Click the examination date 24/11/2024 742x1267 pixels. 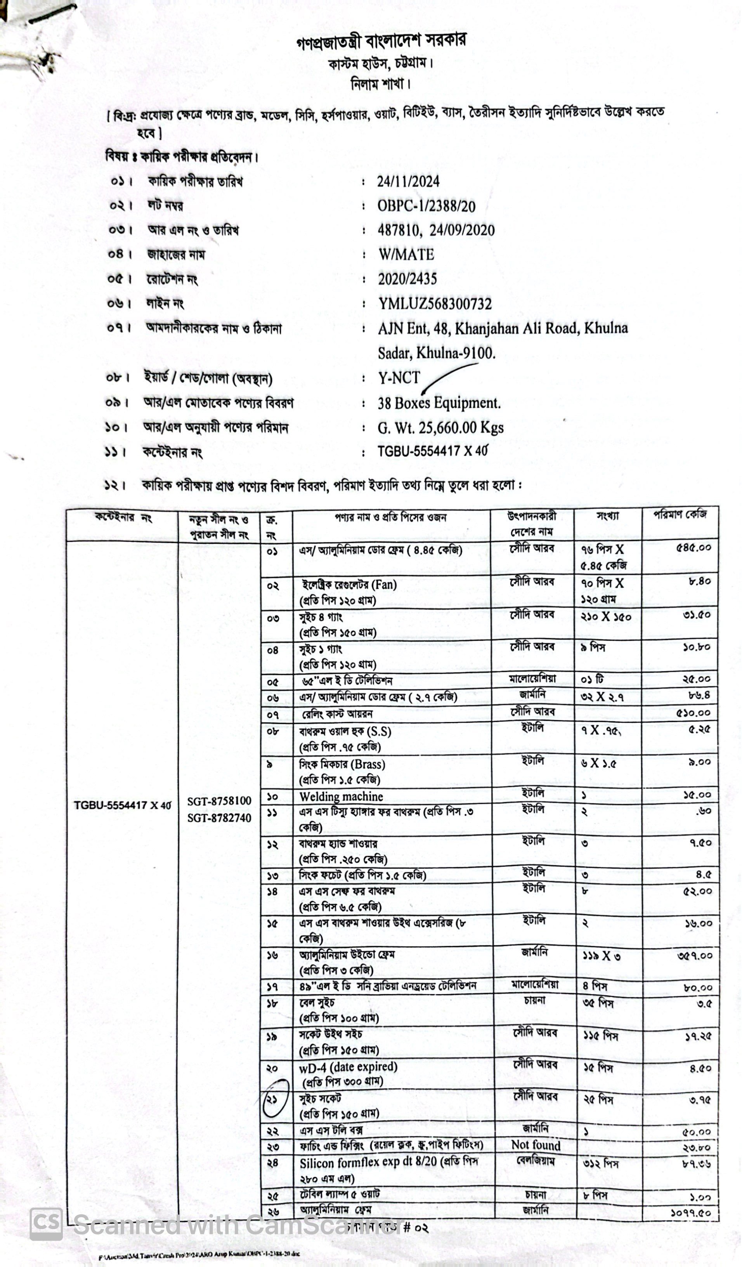click(408, 182)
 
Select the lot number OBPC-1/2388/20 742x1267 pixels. click(426, 206)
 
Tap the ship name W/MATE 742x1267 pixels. click(406, 254)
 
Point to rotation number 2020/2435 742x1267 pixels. click(407, 279)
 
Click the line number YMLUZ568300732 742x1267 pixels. click(435, 304)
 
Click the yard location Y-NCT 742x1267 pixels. click(399, 378)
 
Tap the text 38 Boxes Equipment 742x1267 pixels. click(439, 403)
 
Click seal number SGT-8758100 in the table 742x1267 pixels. click(219, 801)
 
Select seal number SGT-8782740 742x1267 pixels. click(219, 818)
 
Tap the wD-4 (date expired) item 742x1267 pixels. click(348, 1067)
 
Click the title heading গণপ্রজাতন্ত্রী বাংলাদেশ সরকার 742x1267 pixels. click(381, 41)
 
